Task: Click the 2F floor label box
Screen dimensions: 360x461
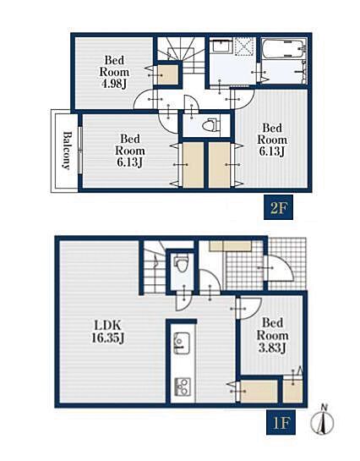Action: point(278,207)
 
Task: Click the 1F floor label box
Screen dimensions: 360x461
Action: point(281,422)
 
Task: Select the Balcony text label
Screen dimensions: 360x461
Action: point(68,151)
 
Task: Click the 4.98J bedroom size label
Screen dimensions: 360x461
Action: point(114,84)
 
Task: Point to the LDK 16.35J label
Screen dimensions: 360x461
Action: point(108,332)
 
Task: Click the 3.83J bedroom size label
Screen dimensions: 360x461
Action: point(272,348)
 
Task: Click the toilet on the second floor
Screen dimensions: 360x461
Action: point(211,125)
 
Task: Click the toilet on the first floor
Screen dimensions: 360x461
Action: point(182,263)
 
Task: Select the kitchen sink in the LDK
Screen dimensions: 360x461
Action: point(182,343)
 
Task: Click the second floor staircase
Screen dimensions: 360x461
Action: point(180,55)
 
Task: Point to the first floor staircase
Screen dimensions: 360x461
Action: point(154,266)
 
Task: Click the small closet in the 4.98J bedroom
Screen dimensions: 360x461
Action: point(167,74)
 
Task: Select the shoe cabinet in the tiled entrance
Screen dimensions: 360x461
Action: point(230,246)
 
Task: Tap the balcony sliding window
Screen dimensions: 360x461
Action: point(80,151)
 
